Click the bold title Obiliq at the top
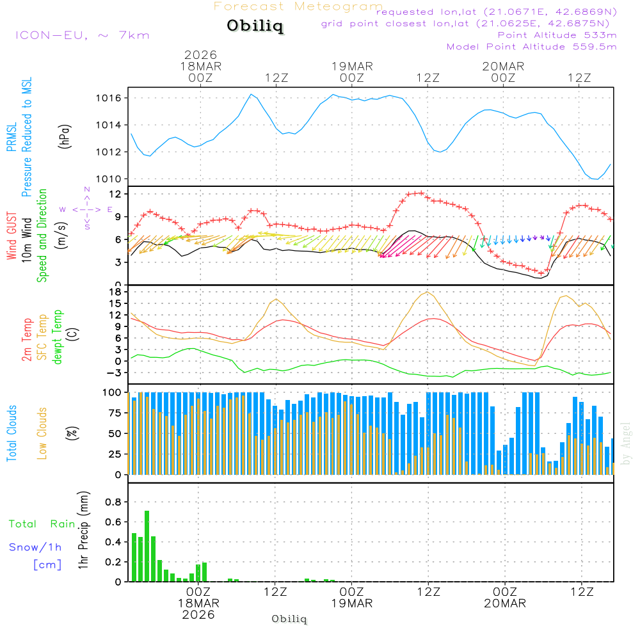pyautogui.click(x=254, y=27)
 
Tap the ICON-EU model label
pyautogui.click(x=81, y=35)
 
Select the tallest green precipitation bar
pyautogui.click(x=147, y=546)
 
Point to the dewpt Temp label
pyautogui.click(x=58, y=338)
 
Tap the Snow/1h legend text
pyautogui.click(x=36, y=547)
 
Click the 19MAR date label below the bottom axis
pyautogui.click(x=352, y=604)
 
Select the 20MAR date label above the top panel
pyautogui.click(x=504, y=67)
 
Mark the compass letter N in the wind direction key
pyautogui.click(x=87, y=190)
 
